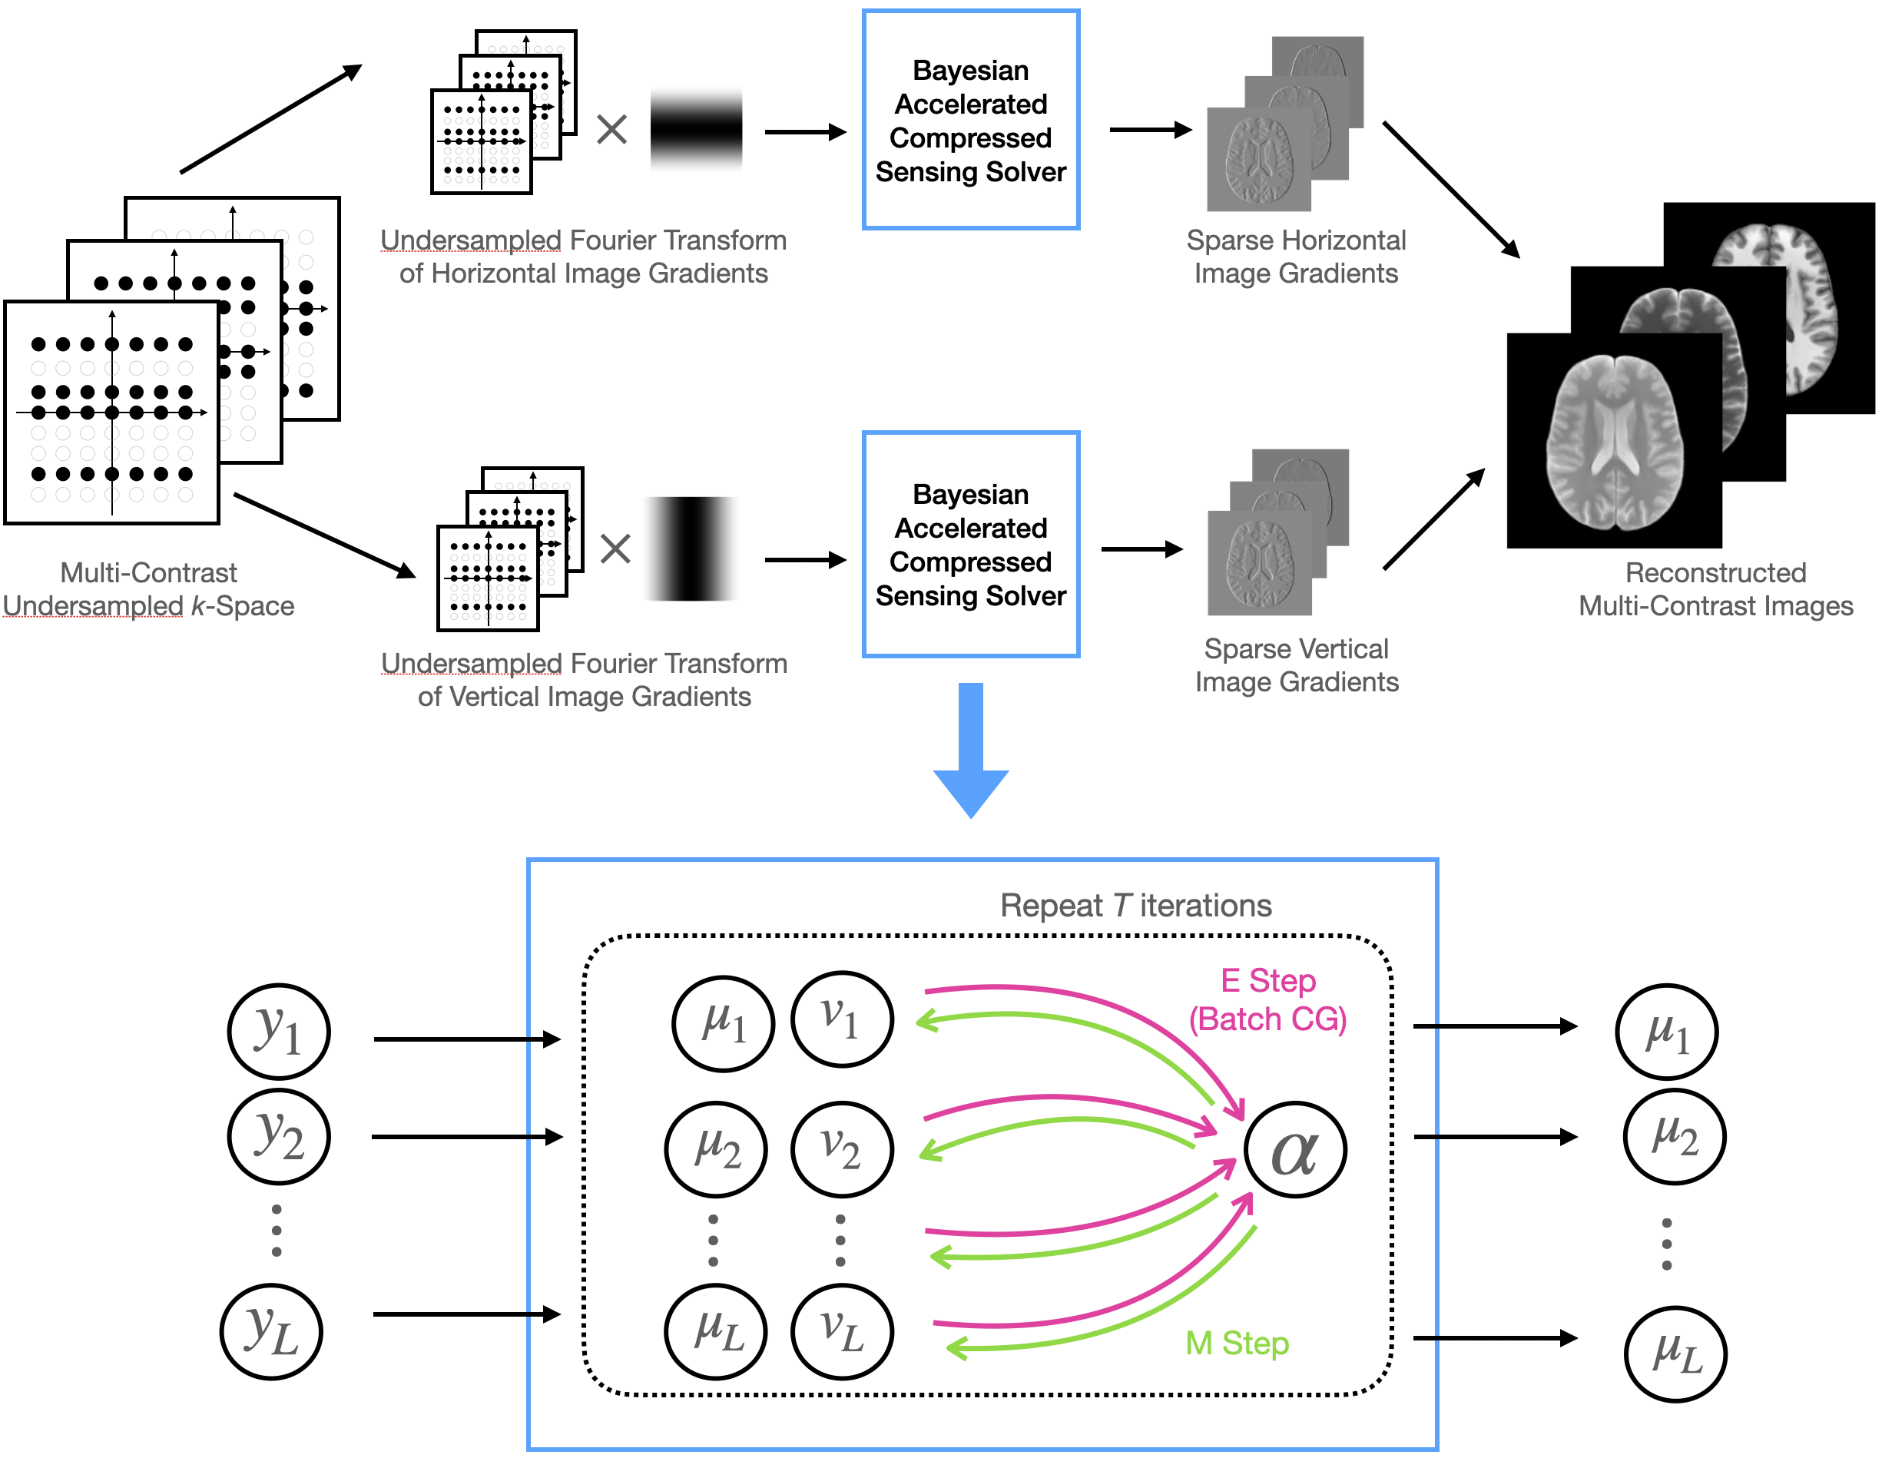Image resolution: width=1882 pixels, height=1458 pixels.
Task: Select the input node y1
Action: (278, 1032)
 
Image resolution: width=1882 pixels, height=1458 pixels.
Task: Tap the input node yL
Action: (271, 1331)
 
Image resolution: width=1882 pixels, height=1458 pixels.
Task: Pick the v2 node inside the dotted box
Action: (842, 1149)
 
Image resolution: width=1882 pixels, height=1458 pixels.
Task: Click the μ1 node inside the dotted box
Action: (723, 1024)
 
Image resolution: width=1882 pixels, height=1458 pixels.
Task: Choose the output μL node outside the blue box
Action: (1675, 1354)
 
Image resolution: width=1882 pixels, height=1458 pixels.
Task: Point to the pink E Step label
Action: (1267, 999)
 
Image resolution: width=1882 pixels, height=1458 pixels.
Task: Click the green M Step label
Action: (1237, 1344)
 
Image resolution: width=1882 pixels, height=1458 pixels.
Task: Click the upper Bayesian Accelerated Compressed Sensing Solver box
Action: (971, 121)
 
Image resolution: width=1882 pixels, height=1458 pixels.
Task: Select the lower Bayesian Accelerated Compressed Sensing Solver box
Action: (971, 545)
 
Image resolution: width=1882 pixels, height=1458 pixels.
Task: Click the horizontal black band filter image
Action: (696, 129)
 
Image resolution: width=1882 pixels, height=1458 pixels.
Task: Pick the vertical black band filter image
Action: (691, 548)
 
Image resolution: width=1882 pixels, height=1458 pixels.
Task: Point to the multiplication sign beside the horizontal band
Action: (611, 130)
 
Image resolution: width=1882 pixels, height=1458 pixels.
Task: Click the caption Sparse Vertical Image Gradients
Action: (1296, 665)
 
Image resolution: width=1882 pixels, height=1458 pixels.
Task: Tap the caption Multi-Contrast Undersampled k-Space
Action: (149, 589)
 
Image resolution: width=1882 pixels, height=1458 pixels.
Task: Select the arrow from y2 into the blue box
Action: (467, 1138)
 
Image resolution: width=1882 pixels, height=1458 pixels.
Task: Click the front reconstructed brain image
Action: (1614, 441)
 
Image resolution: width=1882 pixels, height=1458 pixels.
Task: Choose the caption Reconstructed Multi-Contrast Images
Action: (1715, 589)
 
